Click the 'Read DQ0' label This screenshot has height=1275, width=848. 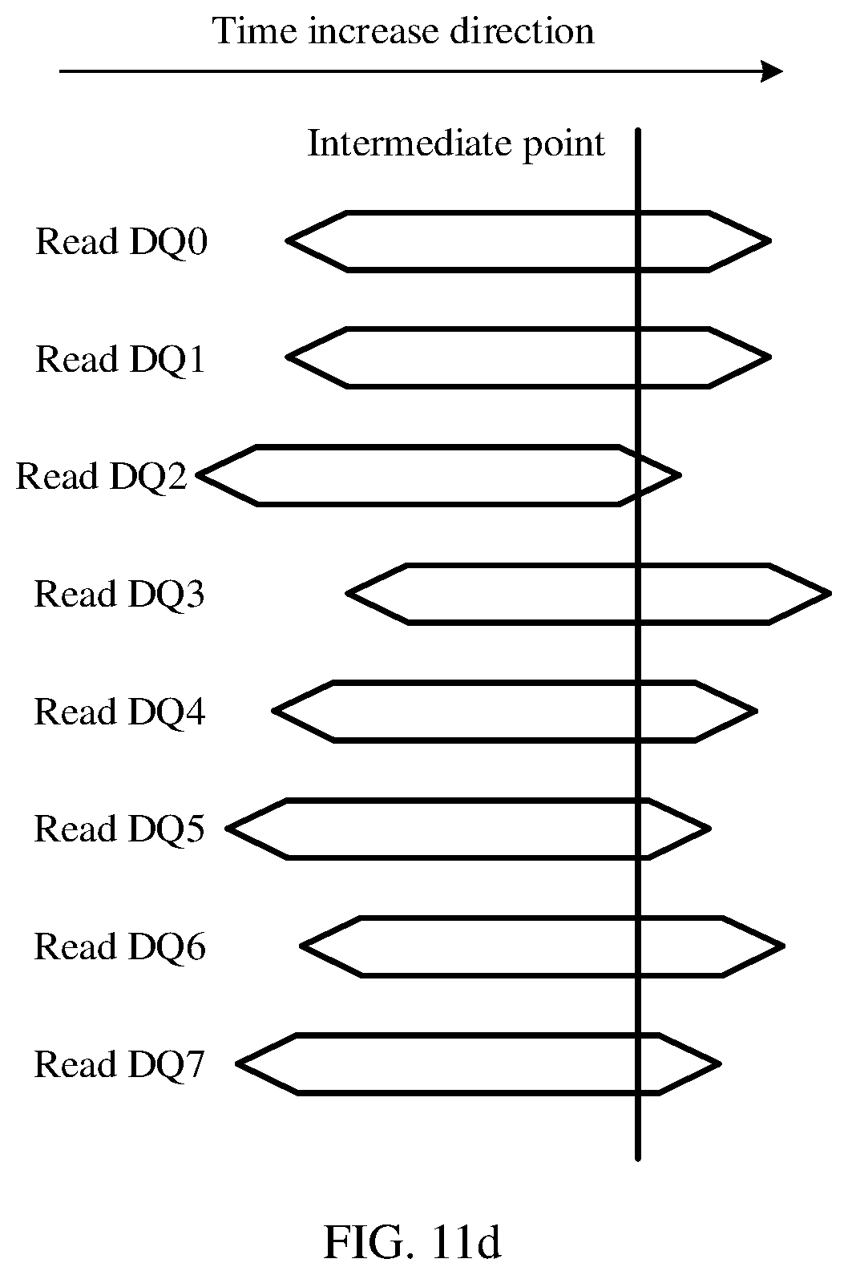click(121, 242)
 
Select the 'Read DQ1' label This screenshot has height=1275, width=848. click(120, 359)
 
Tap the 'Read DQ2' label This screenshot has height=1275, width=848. click(101, 476)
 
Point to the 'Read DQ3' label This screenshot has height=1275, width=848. click(119, 595)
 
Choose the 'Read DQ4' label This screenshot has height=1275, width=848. click(119, 712)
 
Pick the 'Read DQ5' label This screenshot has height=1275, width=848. click(119, 829)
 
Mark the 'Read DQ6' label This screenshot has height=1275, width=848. click(119, 946)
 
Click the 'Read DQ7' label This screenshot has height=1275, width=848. click(119, 1063)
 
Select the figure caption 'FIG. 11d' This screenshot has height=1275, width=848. click(412, 1243)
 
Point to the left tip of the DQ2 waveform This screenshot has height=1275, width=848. click(197, 475)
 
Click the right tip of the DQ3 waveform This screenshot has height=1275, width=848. click(831, 594)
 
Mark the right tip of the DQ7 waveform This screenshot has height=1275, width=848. click(721, 1063)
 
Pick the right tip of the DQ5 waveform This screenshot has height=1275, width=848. click(710, 829)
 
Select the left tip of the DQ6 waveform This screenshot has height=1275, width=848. click(301, 946)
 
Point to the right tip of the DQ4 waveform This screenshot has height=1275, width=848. click(757, 711)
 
